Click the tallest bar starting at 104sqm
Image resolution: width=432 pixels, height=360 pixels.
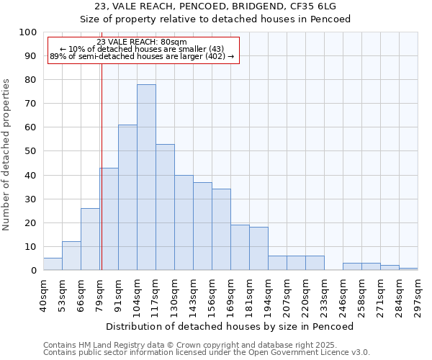click(x=146, y=177)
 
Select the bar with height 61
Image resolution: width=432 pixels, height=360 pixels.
click(x=127, y=197)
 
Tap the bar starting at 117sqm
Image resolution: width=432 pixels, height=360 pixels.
click(x=165, y=207)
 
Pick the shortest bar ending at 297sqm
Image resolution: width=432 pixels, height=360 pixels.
click(x=408, y=269)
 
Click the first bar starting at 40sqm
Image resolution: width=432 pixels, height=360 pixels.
click(x=53, y=264)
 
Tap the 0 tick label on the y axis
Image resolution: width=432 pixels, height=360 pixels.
click(x=33, y=271)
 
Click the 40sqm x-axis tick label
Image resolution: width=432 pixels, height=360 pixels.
click(x=43, y=294)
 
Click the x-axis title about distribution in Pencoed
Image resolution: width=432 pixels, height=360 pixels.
click(x=230, y=326)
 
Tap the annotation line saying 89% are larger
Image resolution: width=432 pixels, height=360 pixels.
click(x=142, y=56)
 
